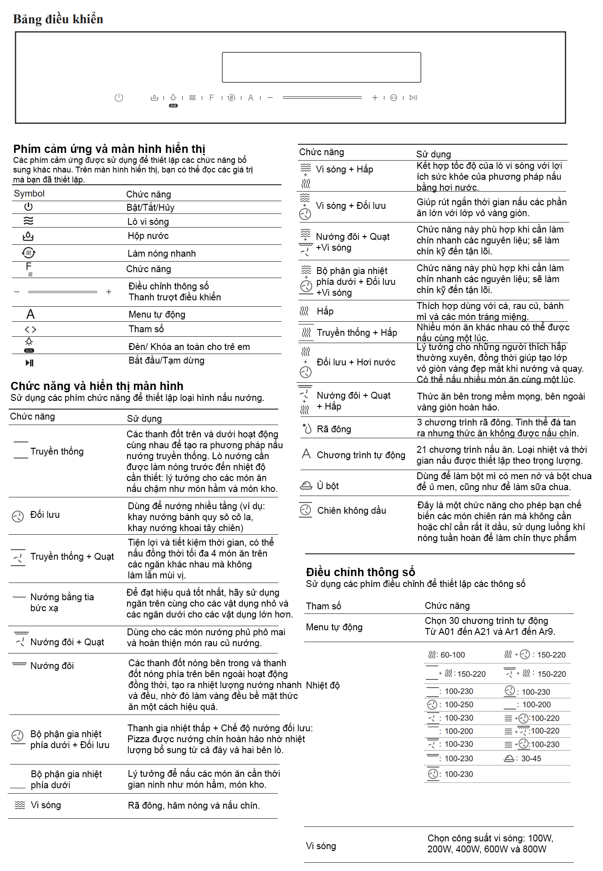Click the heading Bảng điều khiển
tap(58, 19)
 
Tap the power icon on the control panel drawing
tap(119, 97)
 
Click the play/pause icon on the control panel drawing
tap(413, 97)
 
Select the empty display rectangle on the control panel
tap(321, 67)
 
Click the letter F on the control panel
tap(211, 97)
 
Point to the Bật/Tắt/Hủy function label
tap(150, 208)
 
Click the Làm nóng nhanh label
tap(161, 253)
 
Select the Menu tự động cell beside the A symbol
tap(157, 314)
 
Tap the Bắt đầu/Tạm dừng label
tap(166, 360)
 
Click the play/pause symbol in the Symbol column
tap(29, 363)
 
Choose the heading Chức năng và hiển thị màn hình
tap(97, 386)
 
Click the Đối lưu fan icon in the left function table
tap(18, 516)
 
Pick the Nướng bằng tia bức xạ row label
tap(62, 602)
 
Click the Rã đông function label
tap(334, 429)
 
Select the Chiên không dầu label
tap(351, 511)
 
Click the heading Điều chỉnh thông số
tap(360, 572)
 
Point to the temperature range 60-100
tap(453, 655)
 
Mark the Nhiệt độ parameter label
tap(322, 685)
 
